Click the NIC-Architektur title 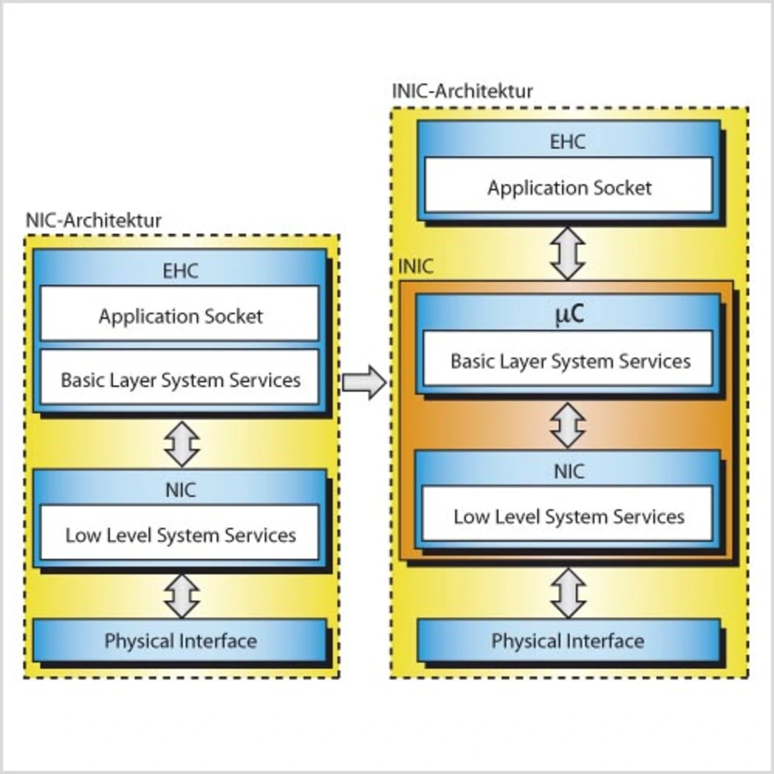93,221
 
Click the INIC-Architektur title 463,91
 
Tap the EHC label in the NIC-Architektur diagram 180,271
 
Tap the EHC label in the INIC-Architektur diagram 567,142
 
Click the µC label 569,314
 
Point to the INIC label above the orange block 415,267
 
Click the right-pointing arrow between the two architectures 364,382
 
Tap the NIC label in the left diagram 180,490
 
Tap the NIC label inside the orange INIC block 568,471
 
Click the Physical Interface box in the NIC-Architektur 180,640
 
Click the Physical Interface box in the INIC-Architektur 568,640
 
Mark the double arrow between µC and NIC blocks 568,425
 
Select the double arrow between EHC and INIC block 568,253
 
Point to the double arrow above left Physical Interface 182,596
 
